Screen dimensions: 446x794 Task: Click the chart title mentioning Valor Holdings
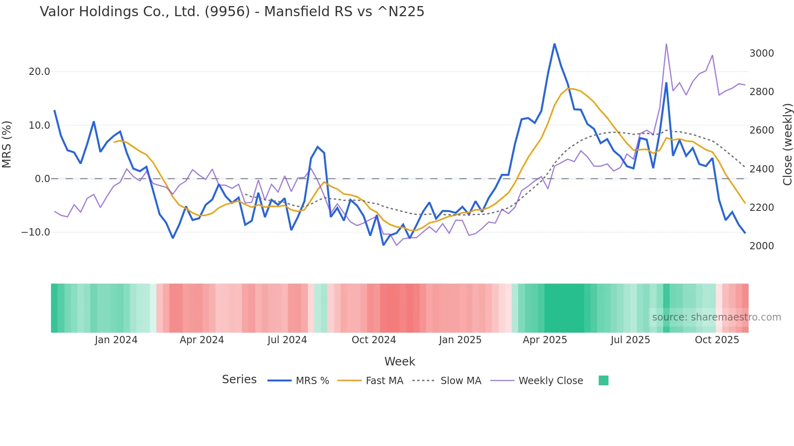(x=232, y=12)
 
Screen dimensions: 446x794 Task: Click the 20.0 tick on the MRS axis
(x=39, y=72)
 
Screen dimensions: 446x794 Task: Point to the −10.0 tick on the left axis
(x=36, y=232)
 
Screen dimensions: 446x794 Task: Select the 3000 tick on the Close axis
(x=762, y=53)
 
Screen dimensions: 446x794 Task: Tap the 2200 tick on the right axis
(x=762, y=208)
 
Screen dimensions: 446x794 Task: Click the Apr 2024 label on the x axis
(x=202, y=340)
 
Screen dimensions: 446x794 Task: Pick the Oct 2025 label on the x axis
(x=717, y=340)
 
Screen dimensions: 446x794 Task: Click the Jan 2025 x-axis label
(x=460, y=340)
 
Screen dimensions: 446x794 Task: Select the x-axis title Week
(x=399, y=361)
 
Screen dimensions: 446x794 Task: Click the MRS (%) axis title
(x=7, y=144)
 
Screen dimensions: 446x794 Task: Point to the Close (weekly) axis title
(x=787, y=144)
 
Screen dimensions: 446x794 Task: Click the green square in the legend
(x=604, y=380)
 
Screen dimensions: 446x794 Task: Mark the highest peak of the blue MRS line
(x=555, y=44)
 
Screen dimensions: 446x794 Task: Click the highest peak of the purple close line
(x=666, y=44)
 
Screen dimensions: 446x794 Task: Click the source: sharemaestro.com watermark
(x=716, y=317)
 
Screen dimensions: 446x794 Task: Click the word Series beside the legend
(x=239, y=380)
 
